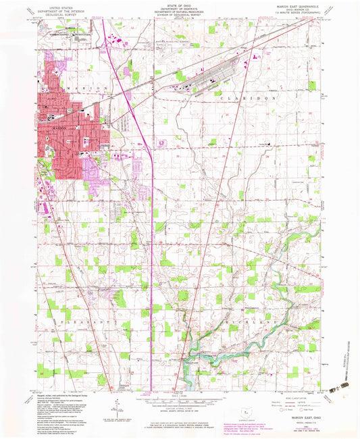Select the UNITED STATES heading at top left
(x=58, y=4)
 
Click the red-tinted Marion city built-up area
(x=68, y=135)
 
